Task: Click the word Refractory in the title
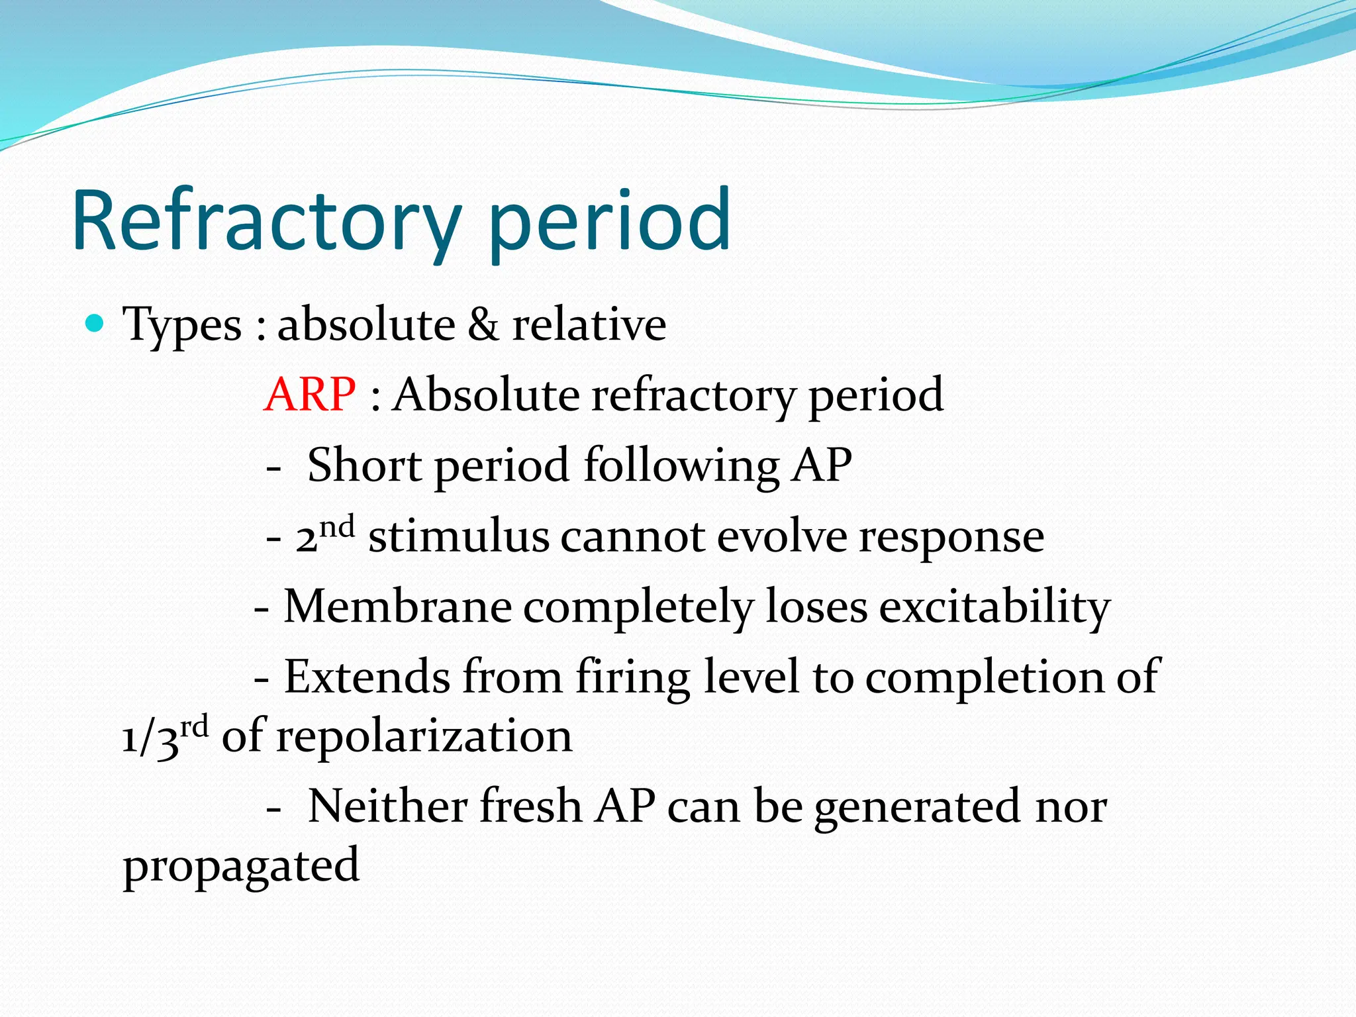(265, 222)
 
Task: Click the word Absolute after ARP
(485, 395)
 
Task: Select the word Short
(364, 465)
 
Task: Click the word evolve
(782, 536)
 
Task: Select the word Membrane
(397, 606)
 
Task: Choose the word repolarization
(424, 738)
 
